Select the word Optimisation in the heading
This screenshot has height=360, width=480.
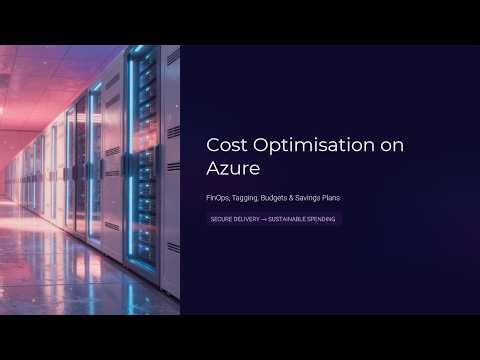305,145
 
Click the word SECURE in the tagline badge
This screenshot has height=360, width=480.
221,218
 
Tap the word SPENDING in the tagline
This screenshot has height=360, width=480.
322,218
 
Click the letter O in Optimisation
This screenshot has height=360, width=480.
260,145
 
